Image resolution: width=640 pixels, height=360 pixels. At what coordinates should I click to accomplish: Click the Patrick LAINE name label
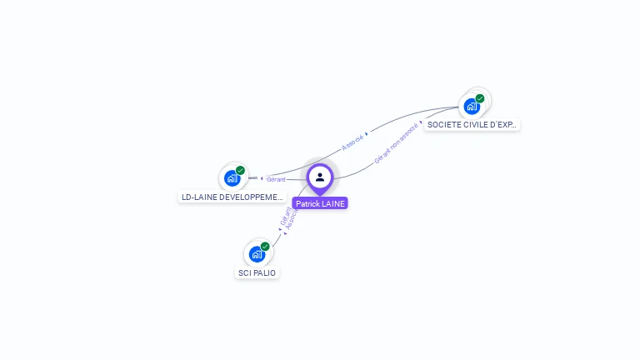point(320,203)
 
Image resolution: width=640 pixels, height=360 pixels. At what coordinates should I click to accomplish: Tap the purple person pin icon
point(320,177)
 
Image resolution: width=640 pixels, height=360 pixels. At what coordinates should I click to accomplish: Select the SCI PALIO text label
point(257,272)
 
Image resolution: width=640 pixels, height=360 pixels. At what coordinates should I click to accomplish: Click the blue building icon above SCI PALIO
point(256,253)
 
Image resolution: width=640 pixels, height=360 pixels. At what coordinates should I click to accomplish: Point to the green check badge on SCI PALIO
point(265,246)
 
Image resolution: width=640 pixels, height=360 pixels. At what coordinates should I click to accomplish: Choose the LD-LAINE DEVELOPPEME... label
point(232,197)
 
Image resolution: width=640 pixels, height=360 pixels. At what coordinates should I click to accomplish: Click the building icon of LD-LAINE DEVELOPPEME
point(232,177)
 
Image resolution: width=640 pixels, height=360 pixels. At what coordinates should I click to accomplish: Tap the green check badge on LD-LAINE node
point(240,170)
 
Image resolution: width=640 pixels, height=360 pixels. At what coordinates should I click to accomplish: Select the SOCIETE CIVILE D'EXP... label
point(472,124)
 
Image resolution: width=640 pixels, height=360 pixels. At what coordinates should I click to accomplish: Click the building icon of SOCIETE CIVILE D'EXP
point(472,106)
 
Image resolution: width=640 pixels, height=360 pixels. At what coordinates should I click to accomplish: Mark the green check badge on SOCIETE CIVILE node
point(480,98)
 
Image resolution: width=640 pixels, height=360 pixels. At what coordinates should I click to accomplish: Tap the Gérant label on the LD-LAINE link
point(276,179)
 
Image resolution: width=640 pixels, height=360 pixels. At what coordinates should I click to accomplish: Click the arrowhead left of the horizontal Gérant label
point(262,178)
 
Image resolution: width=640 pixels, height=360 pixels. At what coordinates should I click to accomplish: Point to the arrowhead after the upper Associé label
point(367,133)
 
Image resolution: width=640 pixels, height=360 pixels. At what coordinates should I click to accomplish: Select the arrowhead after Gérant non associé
point(420,122)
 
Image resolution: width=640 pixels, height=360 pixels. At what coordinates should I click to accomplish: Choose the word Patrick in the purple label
point(308,203)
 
